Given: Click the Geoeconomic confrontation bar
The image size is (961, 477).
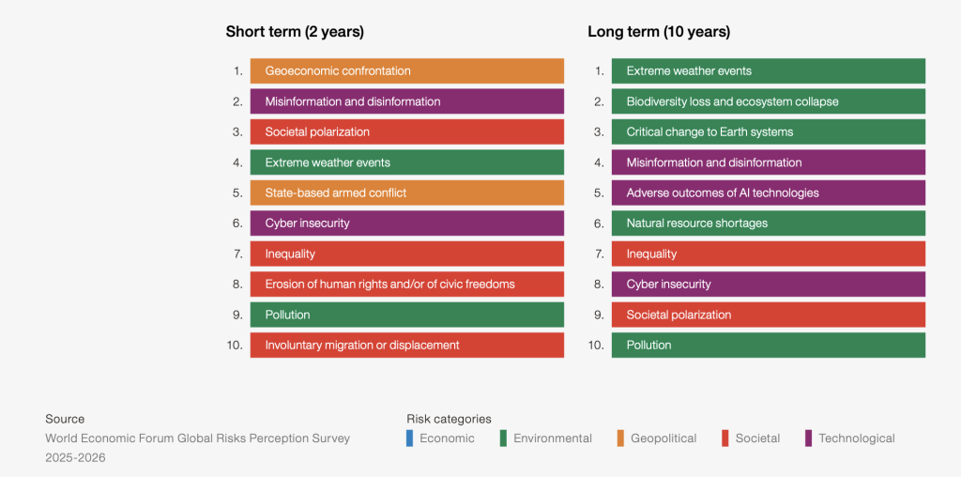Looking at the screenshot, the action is pyautogui.click(x=407, y=71).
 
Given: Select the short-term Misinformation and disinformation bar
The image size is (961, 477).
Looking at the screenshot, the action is pyautogui.click(x=407, y=101).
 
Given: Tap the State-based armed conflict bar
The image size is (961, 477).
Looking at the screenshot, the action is pyautogui.click(x=407, y=192).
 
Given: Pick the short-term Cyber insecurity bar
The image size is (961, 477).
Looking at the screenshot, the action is pyautogui.click(x=407, y=223).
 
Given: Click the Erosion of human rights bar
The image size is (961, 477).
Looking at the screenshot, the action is pyautogui.click(x=407, y=284).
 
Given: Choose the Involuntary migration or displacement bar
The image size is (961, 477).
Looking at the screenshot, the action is pyautogui.click(x=407, y=346).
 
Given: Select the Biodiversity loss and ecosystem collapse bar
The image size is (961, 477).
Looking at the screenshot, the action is pyautogui.click(x=769, y=101).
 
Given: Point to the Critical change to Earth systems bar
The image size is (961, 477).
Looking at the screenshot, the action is pyautogui.click(x=769, y=131).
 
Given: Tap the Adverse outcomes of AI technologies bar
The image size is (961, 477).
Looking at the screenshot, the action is pyautogui.click(x=769, y=192).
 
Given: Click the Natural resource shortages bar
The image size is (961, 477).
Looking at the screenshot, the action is pyautogui.click(x=769, y=223).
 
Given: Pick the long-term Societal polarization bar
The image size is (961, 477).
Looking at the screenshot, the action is pyautogui.click(x=769, y=315).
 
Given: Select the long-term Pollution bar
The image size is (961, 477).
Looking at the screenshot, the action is pyautogui.click(x=769, y=346).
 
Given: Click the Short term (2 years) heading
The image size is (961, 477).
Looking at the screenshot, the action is pyautogui.click(x=295, y=33).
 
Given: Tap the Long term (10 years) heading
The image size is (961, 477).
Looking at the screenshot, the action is pyautogui.click(x=659, y=33).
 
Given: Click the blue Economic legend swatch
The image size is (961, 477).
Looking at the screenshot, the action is pyautogui.click(x=409, y=439).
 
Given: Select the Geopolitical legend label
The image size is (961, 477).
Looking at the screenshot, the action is pyautogui.click(x=664, y=439).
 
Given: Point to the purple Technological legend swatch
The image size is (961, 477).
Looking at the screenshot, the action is pyautogui.click(x=808, y=439).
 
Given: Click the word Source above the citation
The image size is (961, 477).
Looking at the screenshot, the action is pyautogui.click(x=65, y=420).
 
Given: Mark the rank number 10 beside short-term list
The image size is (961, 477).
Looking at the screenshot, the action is pyautogui.click(x=235, y=346).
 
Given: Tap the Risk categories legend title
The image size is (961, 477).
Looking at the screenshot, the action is pyautogui.click(x=450, y=420).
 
